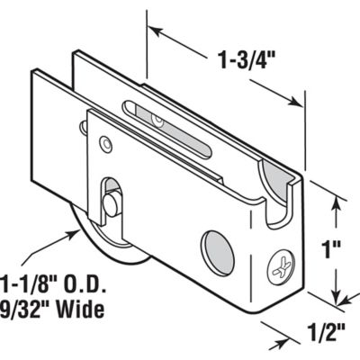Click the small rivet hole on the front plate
[x=108, y=142]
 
